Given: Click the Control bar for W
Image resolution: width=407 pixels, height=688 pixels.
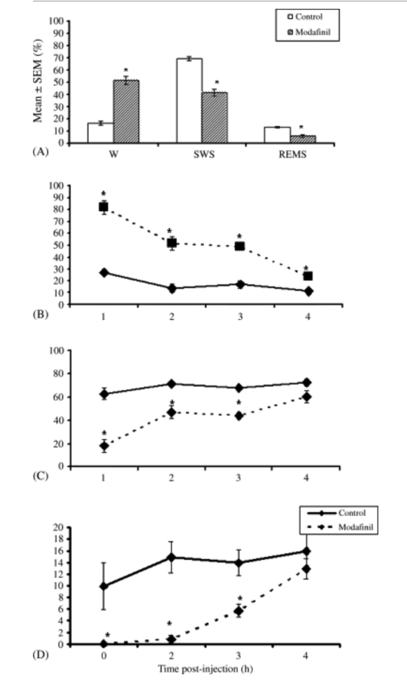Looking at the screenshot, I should pyautogui.click(x=100, y=133).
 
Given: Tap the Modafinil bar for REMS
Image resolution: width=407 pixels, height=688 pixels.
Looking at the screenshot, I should pyautogui.click(x=302, y=138).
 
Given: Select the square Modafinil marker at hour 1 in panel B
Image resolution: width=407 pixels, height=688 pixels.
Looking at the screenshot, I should pyautogui.click(x=104, y=207).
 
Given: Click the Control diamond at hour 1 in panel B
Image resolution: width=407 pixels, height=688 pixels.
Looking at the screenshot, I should pyautogui.click(x=104, y=272).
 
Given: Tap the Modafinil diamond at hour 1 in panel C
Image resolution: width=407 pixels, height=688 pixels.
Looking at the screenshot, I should pyautogui.click(x=104, y=445).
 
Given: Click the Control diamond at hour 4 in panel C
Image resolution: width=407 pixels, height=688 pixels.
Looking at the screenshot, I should pyautogui.click(x=308, y=382).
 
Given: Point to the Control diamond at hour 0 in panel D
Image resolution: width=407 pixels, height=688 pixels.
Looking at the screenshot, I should pyautogui.click(x=104, y=587).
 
